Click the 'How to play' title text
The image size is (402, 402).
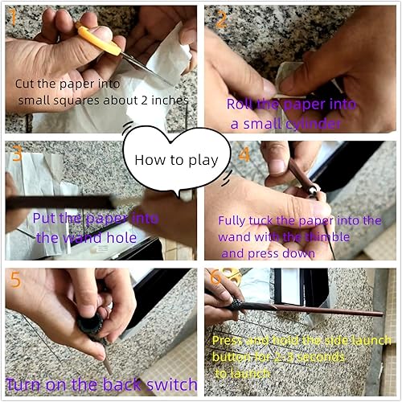tap(176, 159)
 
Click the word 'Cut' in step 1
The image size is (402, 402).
tap(26, 84)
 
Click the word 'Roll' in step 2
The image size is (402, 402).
tap(242, 104)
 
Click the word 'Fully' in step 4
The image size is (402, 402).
tap(233, 220)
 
